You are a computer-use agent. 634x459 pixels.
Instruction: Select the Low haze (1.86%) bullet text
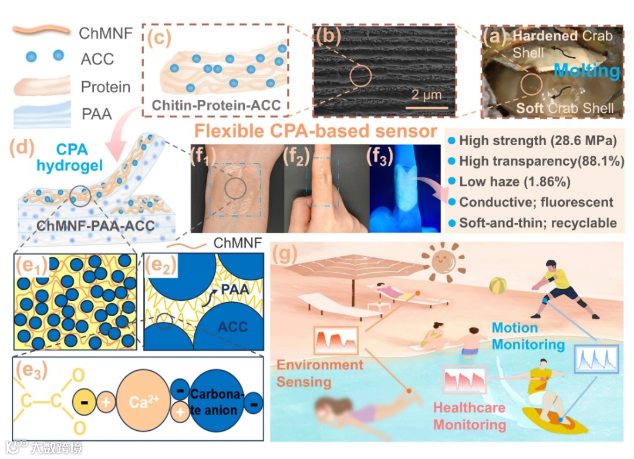514,182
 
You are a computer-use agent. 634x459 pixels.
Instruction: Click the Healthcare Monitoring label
469,416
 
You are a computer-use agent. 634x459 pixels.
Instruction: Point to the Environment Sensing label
320,373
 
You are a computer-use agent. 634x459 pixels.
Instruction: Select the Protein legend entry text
105,87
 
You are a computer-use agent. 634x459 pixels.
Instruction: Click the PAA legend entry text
96,114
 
